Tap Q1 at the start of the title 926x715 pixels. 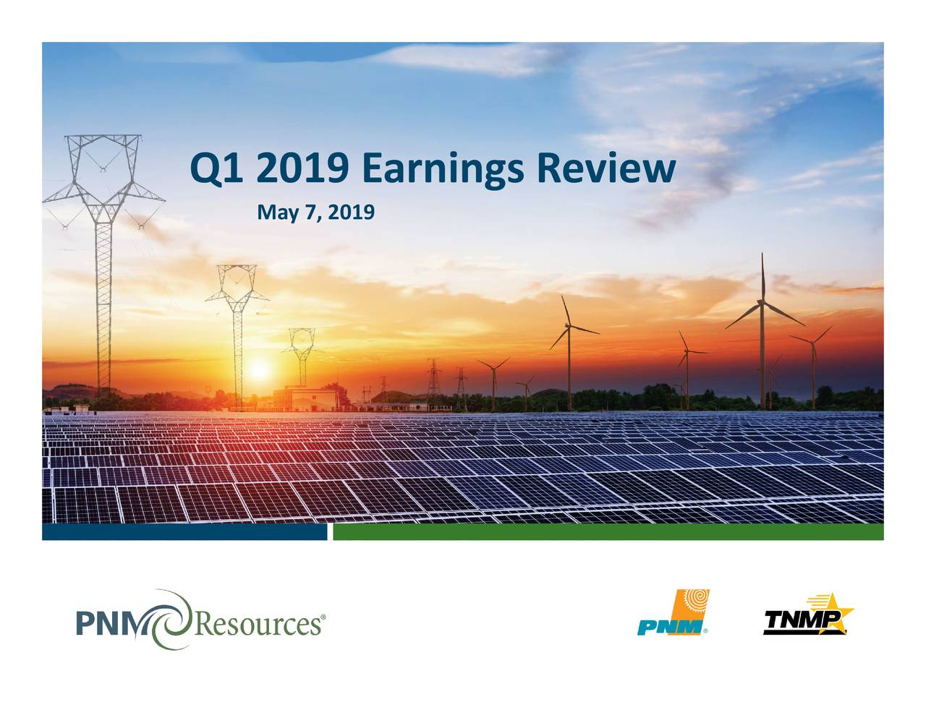click(x=213, y=169)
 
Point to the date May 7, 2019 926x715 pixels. click(x=316, y=213)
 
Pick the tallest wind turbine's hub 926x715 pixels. click(x=762, y=301)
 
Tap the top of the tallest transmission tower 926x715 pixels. click(x=103, y=137)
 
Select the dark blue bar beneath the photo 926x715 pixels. click(x=184, y=532)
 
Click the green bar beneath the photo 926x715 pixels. click(x=608, y=532)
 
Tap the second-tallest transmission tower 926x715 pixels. click(x=237, y=318)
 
